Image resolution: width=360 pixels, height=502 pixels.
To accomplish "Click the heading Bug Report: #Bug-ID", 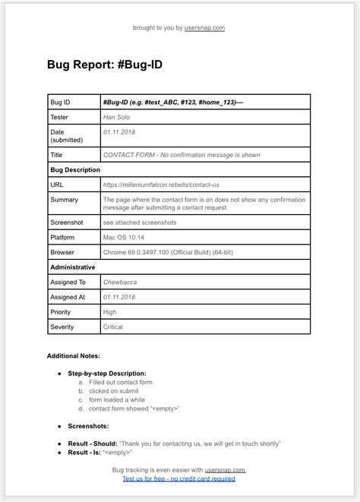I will (x=104, y=65).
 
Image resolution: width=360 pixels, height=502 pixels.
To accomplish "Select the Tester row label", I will (x=59, y=117).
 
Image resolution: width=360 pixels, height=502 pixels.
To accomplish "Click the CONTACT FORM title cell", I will (x=182, y=155).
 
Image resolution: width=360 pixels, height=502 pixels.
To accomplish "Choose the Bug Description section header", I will (x=75, y=169).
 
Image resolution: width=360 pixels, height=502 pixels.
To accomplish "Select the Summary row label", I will (x=65, y=200).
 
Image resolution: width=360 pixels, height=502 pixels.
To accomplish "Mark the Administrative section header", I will (x=73, y=267).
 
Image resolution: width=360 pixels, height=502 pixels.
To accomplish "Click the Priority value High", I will (x=110, y=311).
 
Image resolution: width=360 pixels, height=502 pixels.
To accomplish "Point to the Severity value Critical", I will (x=113, y=327).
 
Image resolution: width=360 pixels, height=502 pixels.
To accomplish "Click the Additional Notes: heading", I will (x=74, y=355).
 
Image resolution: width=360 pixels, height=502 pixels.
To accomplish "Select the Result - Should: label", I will (x=92, y=443).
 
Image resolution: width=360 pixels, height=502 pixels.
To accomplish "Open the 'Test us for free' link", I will (x=179, y=478).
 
